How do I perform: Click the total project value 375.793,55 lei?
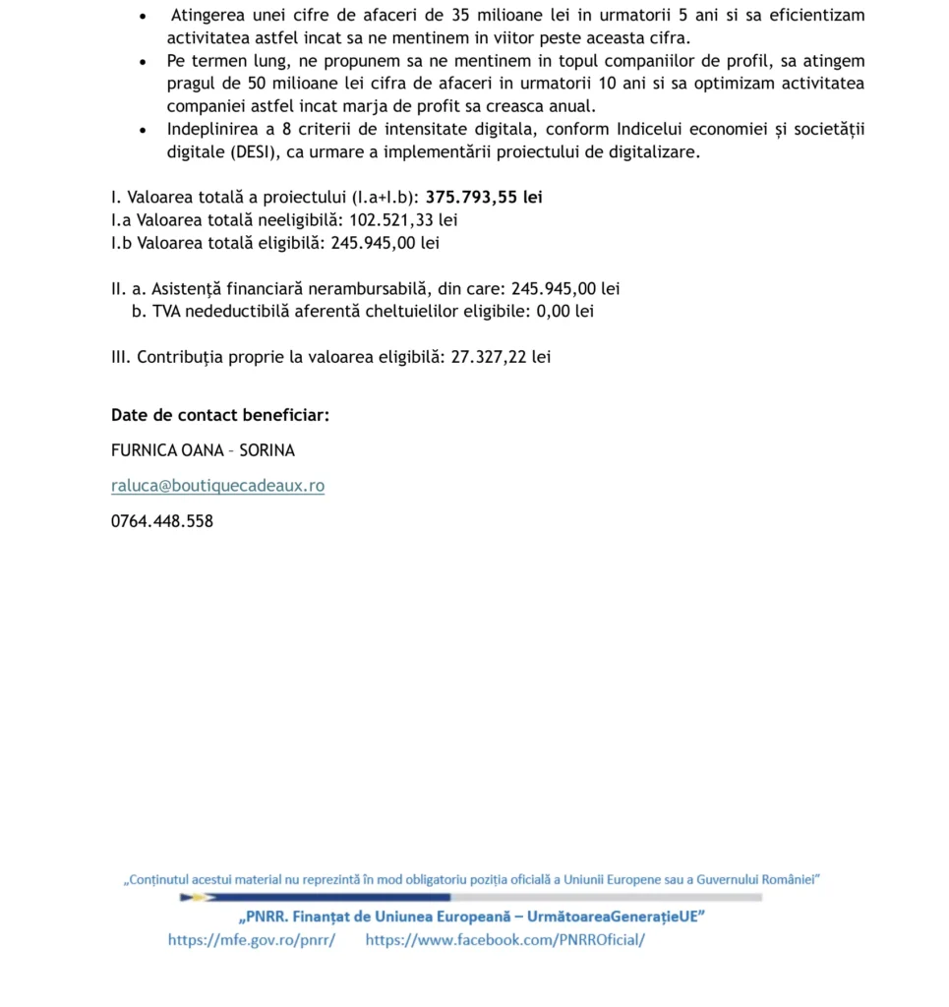(484, 198)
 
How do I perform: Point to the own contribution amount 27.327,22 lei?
(501, 357)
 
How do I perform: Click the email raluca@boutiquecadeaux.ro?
(217, 486)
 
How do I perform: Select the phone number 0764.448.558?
(162, 521)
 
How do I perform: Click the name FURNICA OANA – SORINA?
(203, 450)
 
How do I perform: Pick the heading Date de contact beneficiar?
(220, 415)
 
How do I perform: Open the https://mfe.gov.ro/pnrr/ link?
(252, 940)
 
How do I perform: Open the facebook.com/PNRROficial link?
(505, 940)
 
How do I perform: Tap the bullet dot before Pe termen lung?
(145, 62)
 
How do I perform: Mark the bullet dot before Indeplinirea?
(145, 131)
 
